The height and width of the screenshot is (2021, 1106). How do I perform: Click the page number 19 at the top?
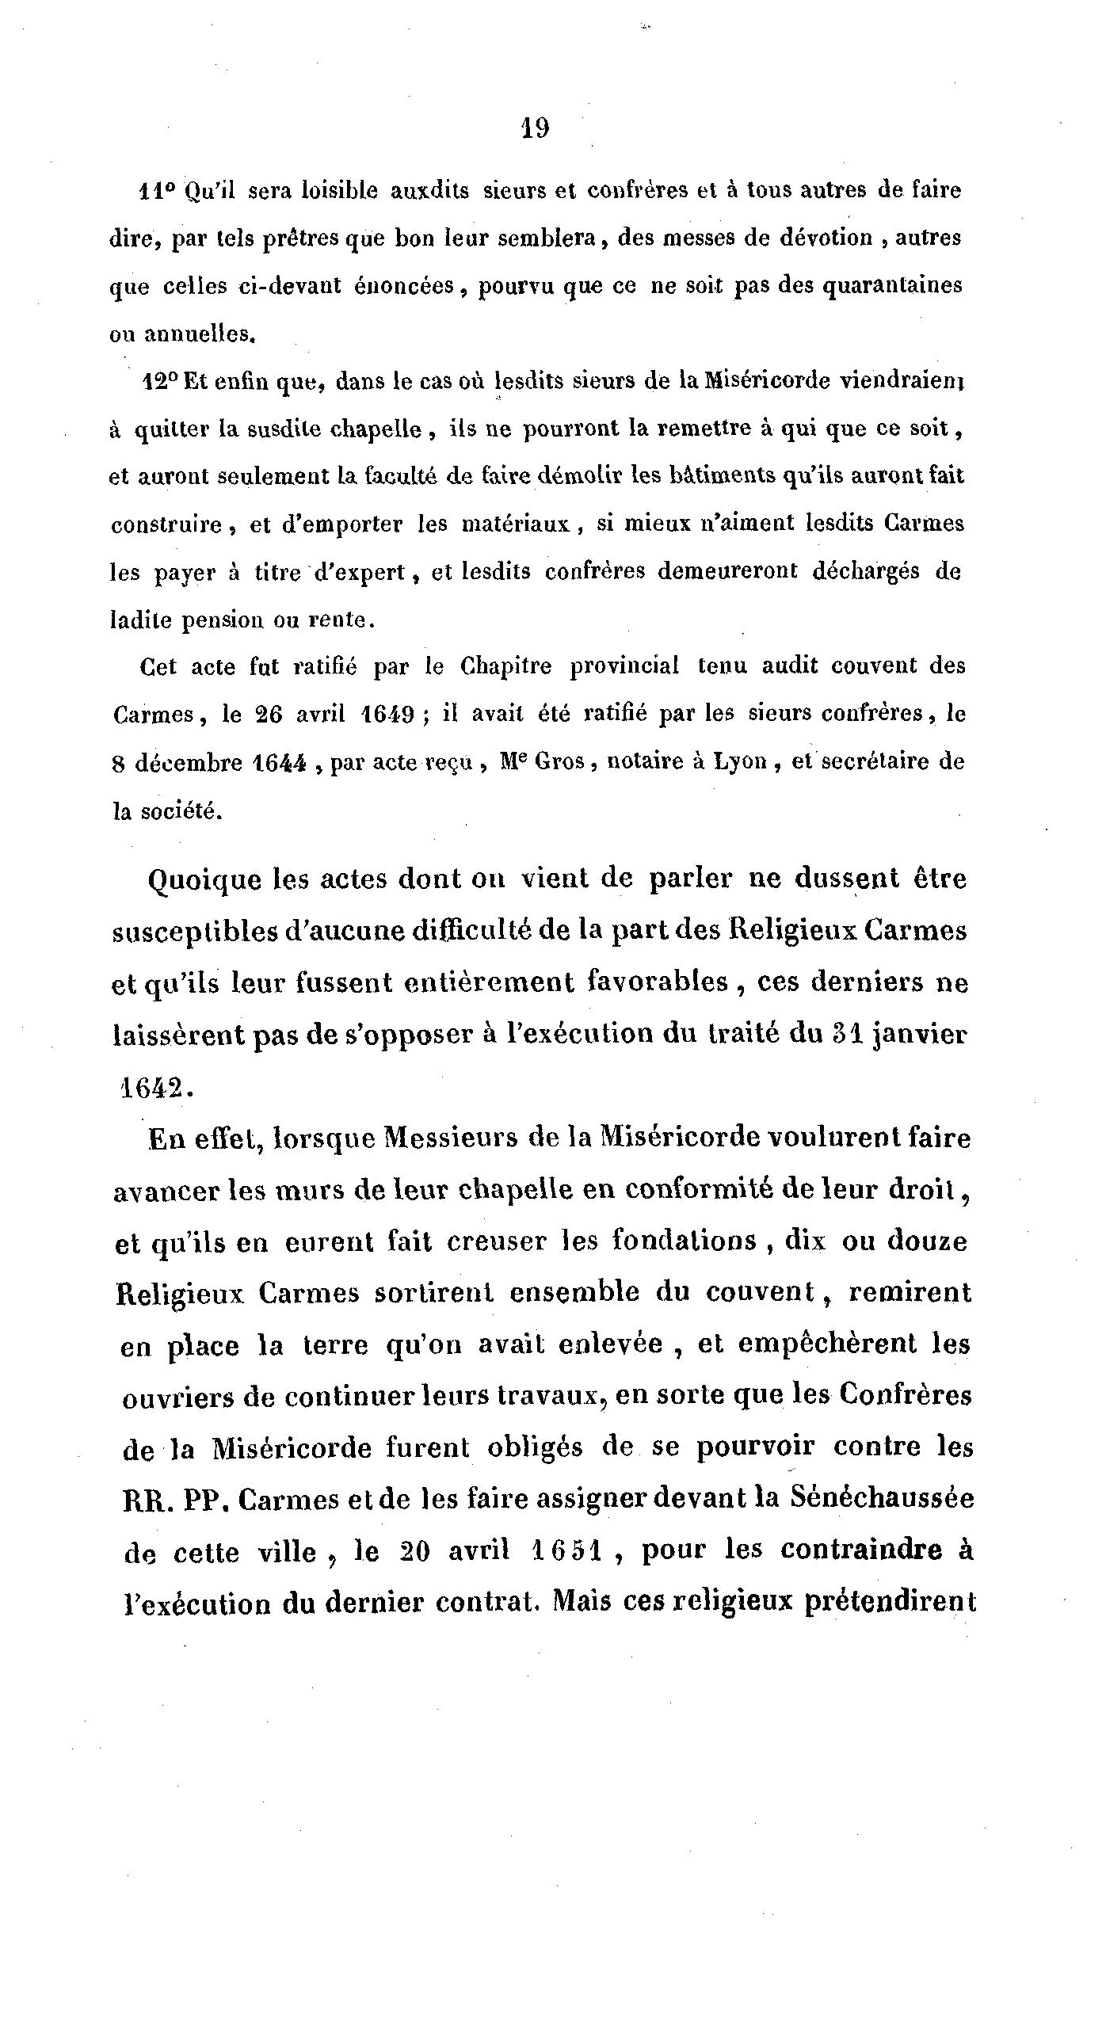(x=536, y=128)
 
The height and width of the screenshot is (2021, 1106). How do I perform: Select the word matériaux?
(x=514, y=524)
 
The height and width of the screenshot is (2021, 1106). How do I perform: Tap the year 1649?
(x=387, y=715)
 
